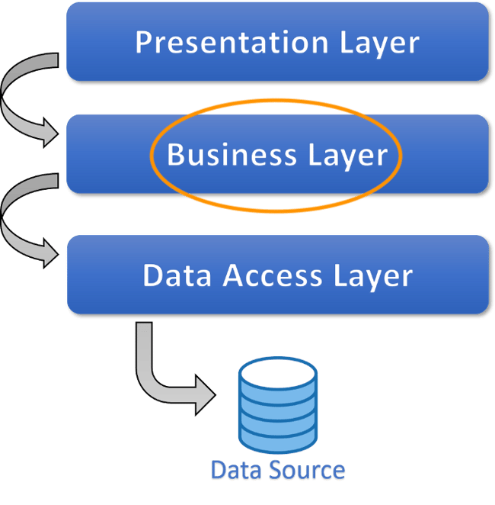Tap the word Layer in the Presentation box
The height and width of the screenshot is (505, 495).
(376, 43)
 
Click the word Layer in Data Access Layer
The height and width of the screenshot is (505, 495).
(372, 275)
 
